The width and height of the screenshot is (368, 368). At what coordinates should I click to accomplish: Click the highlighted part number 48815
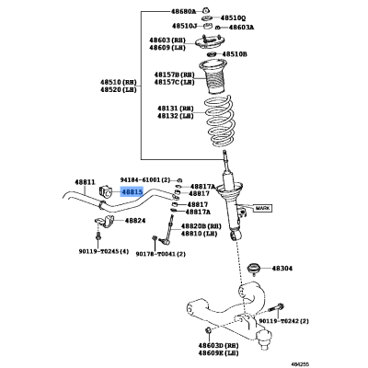click(132, 192)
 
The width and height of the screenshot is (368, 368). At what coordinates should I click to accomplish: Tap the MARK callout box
click(263, 208)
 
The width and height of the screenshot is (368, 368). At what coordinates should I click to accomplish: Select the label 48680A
click(183, 12)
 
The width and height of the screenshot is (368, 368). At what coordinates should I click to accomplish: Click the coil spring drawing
click(218, 121)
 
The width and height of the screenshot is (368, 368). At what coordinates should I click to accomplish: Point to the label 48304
click(282, 269)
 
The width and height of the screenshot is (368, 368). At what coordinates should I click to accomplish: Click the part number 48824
click(135, 221)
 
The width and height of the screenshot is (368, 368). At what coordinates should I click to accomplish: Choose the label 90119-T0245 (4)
click(103, 251)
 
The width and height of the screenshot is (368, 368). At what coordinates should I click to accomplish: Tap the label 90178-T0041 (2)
click(161, 254)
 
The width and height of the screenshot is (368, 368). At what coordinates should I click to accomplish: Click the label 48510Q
click(233, 18)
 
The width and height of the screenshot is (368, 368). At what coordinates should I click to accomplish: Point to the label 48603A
click(241, 28)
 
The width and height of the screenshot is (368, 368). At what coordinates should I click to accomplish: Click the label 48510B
click(235, 54)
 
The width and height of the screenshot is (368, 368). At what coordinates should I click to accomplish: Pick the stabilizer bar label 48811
click(85, 182)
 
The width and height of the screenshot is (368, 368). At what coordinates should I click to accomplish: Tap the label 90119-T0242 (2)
click(283, 321)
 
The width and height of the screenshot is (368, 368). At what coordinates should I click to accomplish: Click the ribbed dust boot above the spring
click(213, 76)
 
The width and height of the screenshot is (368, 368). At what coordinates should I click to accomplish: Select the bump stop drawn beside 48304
click(254, 267)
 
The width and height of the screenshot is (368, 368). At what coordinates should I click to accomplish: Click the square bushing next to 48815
click(105, 192)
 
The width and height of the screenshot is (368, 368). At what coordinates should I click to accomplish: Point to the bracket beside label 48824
click(105, 221)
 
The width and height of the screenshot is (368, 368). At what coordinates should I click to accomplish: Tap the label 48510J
click(184, 26)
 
